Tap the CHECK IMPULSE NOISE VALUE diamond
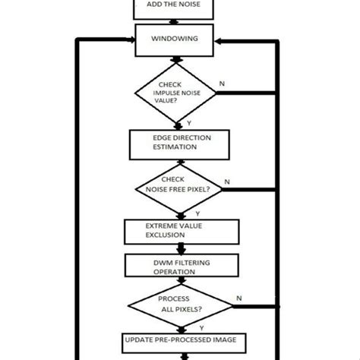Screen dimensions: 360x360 [178, 93]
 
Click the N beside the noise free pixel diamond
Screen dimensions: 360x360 [227, 182]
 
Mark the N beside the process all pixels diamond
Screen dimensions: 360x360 [239, 298]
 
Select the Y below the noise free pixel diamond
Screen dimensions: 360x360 [187, 213]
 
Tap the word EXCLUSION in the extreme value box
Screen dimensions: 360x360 [166, 235]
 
